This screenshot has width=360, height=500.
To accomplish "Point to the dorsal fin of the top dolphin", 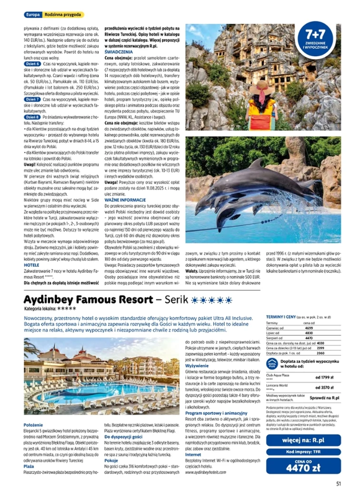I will point(258,164).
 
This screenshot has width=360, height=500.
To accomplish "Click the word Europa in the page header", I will point(32,15).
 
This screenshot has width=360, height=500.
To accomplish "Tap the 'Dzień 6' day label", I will point(32,63).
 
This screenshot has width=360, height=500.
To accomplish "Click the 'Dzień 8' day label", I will point(32,117).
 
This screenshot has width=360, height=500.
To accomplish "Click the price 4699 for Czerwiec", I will point(308,328).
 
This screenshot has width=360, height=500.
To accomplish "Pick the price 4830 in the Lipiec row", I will point(308,333).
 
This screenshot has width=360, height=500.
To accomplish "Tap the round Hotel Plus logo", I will point(272,364).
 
